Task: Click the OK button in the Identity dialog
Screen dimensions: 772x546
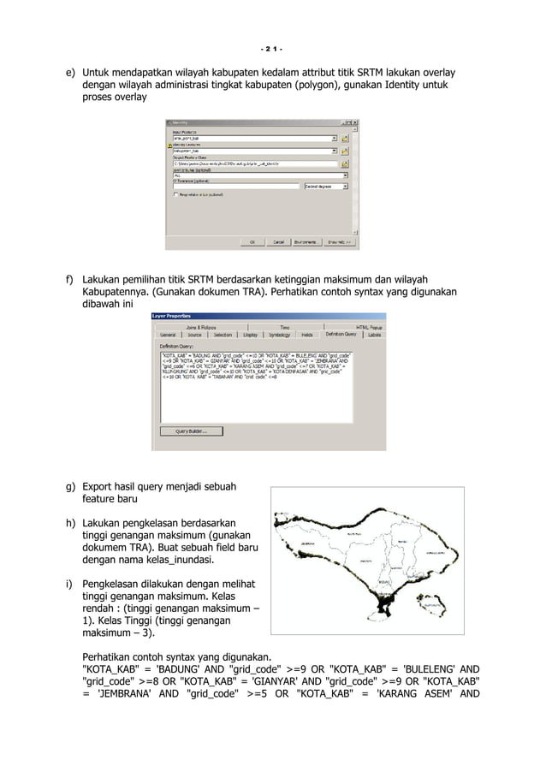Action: tap(252, 242)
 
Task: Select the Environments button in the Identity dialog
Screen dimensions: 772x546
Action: tap(306, 242)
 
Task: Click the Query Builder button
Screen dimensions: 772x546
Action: tap(192, 431)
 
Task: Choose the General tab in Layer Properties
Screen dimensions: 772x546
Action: tap(167, 335)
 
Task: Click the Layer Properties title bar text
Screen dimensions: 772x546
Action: tap(172, 316)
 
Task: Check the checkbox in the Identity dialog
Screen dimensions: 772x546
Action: tap(176, 194)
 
